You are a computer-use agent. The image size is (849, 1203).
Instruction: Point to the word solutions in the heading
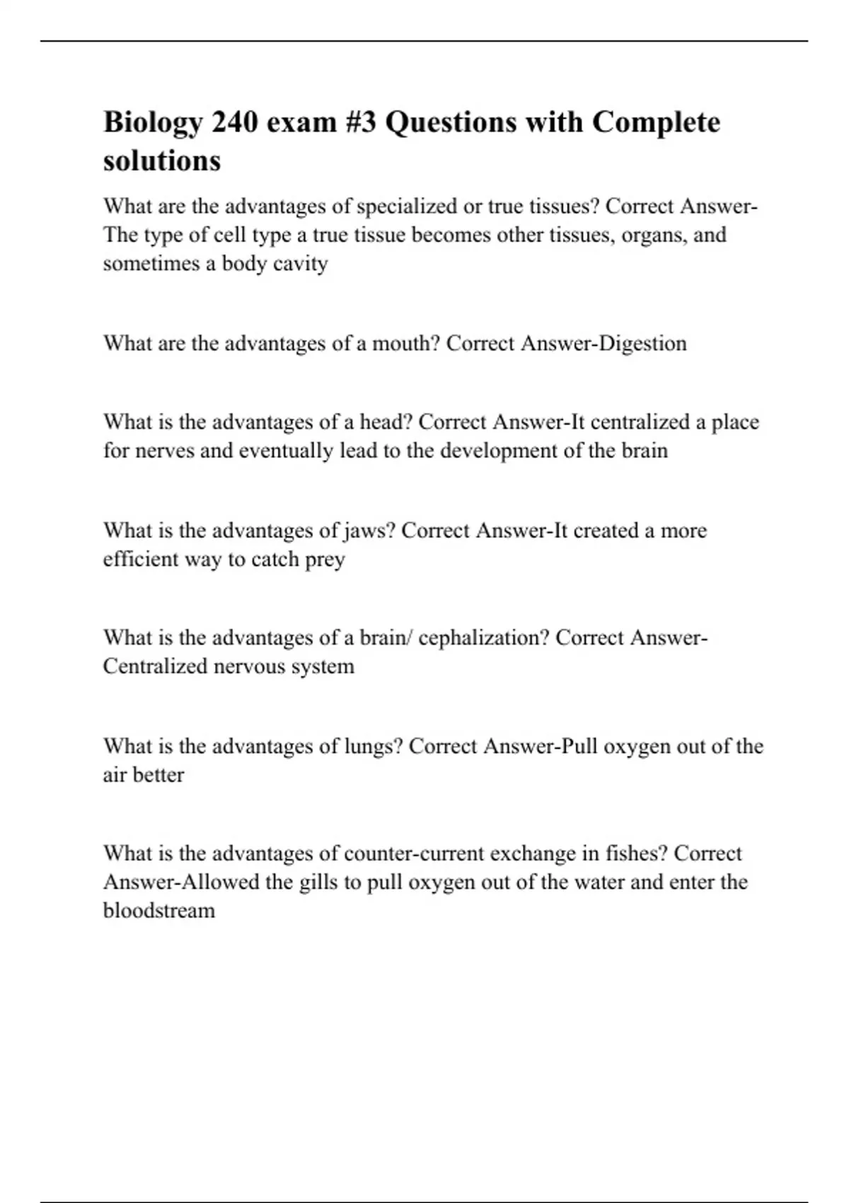tap(162, 161)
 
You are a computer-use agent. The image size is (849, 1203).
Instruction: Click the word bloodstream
tap(159, 911)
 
